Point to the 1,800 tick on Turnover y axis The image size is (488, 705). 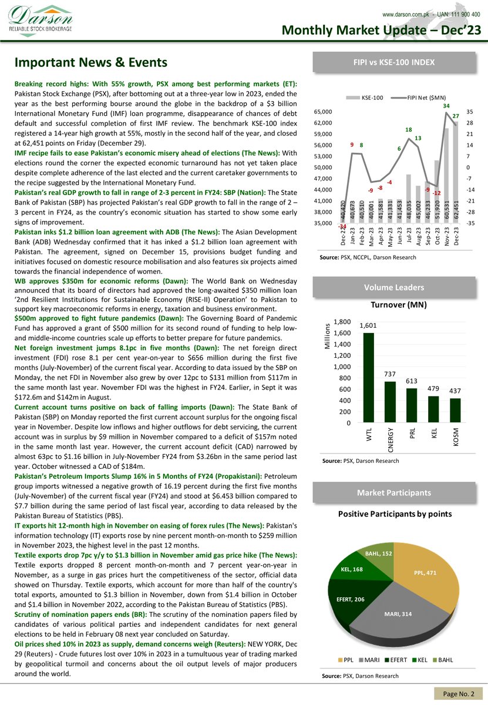point(342,322)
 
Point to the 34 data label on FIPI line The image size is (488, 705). point(446,106)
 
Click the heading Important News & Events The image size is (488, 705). point(91,62)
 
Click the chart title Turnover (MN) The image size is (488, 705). point(398,305)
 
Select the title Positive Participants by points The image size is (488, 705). point(395,513)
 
